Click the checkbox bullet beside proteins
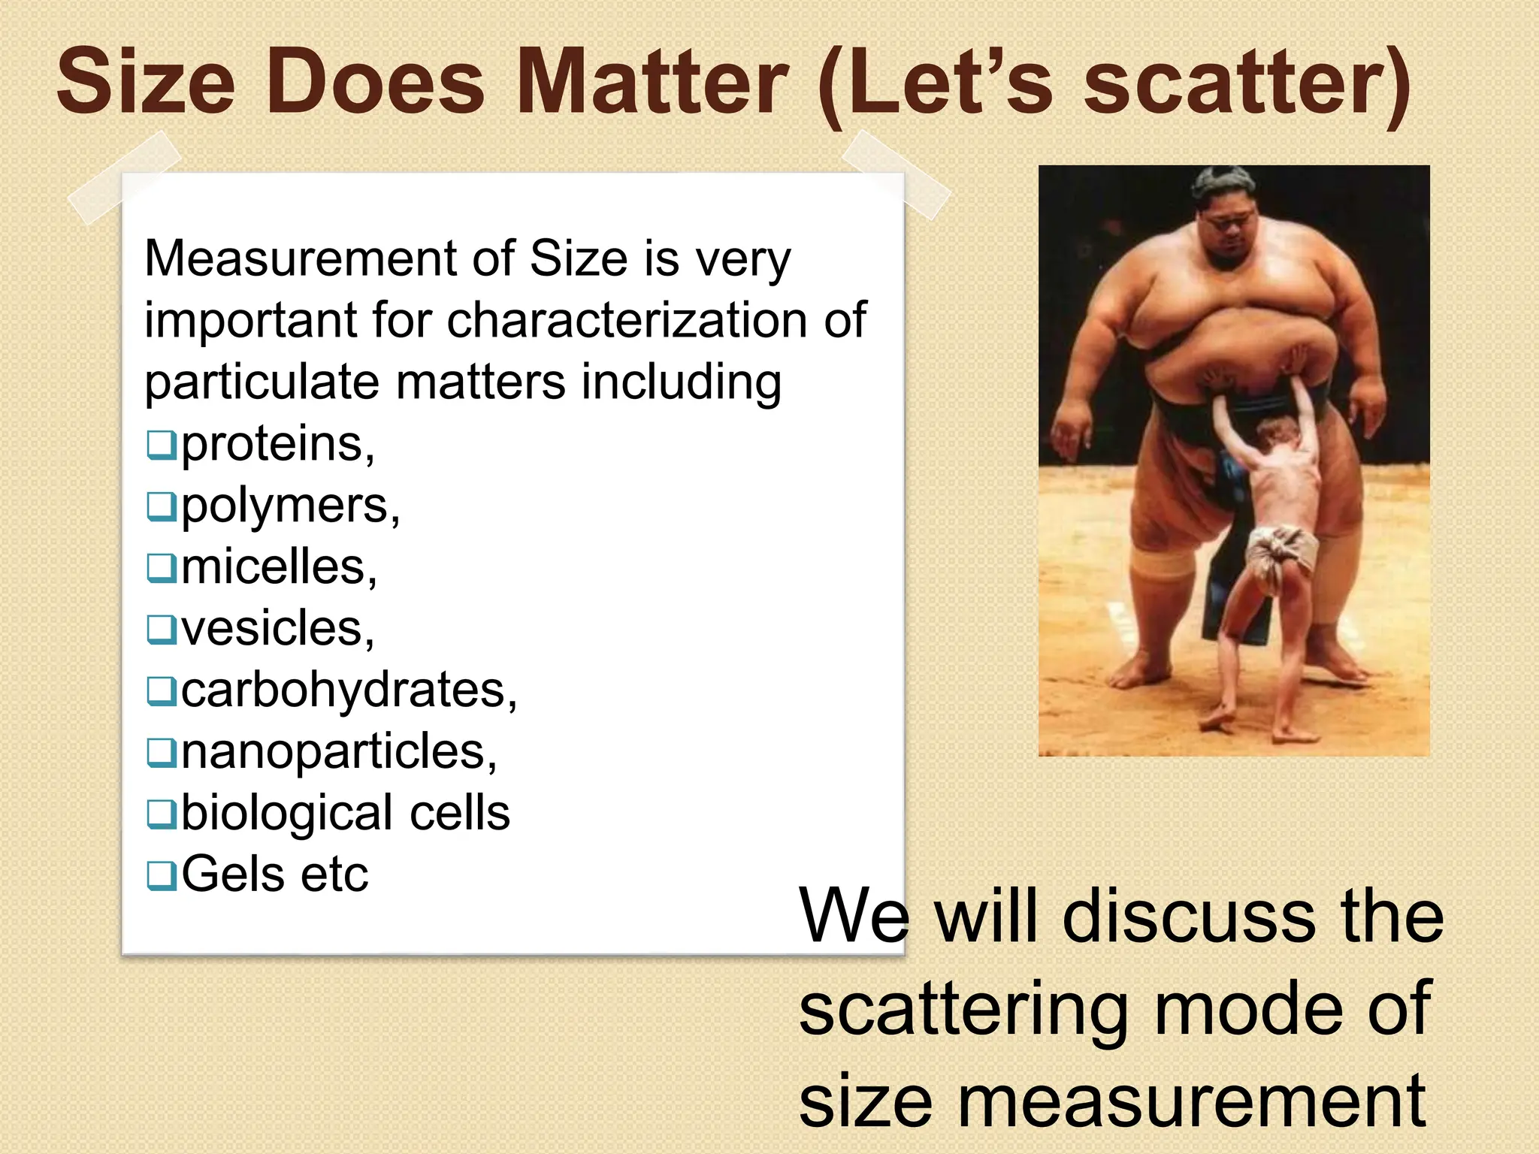click(x=161, y=445)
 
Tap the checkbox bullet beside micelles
click(x=161, y=568)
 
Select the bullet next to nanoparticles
click(x=161, y=752)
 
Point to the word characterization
click(x=628, y=321)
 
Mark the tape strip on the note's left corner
click(x=125, y=177)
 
